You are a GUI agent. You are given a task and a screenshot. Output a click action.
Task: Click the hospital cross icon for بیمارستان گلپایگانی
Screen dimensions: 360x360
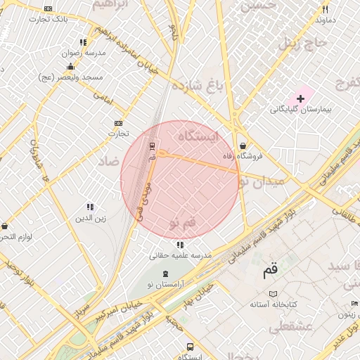(x=300, y=98)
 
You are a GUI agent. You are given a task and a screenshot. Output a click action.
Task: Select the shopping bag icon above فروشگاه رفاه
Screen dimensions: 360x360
(x=243, y=146)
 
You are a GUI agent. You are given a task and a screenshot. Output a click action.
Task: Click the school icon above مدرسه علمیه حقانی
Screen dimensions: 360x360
(x=180, y=245)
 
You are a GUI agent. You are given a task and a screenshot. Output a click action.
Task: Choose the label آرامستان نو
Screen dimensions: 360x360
(x=164, y=283)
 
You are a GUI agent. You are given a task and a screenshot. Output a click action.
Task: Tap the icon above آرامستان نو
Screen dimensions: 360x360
(x=165, y=274)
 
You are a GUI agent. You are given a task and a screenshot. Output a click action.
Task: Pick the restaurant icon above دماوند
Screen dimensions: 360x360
(x=325, y=9)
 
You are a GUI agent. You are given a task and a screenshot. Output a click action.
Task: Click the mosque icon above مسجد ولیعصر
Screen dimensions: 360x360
(x=70, y=66)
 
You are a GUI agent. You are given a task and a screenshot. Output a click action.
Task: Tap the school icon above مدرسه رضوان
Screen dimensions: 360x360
(x=84, y=42)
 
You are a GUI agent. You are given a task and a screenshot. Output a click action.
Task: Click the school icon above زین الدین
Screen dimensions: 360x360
(x=90, y=207)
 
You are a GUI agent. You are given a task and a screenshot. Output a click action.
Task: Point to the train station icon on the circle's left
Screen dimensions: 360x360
(x=153, y=146)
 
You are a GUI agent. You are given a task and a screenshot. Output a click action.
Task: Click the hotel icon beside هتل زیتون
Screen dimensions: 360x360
(x=354, y=303)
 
